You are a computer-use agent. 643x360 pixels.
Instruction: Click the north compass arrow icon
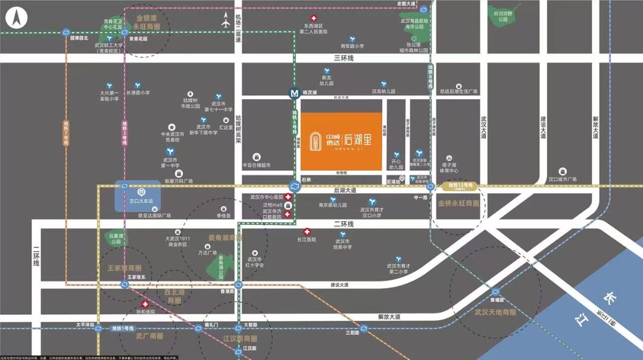pyautogui.click(x=18, y=17)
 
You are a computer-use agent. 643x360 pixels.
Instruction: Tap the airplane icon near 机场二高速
pyautogui.click(x=226, y=23)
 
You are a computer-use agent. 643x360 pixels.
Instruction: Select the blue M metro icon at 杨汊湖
pyautogui.click(x=293, y=93)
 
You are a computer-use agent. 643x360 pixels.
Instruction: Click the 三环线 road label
pyautogui.click(x=344, y=58)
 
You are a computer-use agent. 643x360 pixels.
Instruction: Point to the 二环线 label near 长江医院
pyautogui.click(x=344, y=224)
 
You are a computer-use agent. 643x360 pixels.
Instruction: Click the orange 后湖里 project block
pyautogui.click(x=340, y=141)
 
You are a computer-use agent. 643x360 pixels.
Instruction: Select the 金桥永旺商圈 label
pyautogui.click(x=458, y=204)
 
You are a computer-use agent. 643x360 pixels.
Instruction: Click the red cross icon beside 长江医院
pyautogui.click(x=307, y=231)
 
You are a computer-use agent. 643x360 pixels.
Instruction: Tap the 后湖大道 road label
pyautogui.click(x=345, y=190)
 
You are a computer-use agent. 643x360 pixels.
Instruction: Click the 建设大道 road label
pyautogui.click(x=339, y=285)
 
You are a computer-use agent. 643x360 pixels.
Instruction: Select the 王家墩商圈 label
pyautogui.click(x=124, y=268)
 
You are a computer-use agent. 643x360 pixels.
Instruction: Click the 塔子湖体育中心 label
pyautogui.click(x=452, y=168)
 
